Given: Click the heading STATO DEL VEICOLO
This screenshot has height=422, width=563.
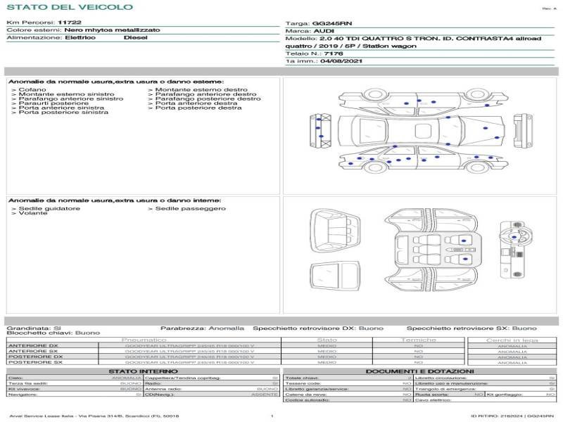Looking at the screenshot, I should click(69, 8).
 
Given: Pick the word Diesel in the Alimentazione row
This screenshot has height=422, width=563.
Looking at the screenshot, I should click(136, 38).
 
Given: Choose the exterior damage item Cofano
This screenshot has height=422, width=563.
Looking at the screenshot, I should click(32, 90).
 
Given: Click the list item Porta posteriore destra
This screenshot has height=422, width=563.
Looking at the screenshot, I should click(198, 108).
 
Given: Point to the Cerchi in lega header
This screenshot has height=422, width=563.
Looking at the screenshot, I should click(512, 340).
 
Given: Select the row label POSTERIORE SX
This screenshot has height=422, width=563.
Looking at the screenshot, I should click(34, 362).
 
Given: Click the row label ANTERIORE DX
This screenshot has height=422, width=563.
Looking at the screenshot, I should click(33, 345).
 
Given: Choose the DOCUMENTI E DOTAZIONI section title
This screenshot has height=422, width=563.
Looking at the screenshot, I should click(419, 371).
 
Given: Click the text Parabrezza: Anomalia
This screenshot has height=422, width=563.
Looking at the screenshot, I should click(202, 328).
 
